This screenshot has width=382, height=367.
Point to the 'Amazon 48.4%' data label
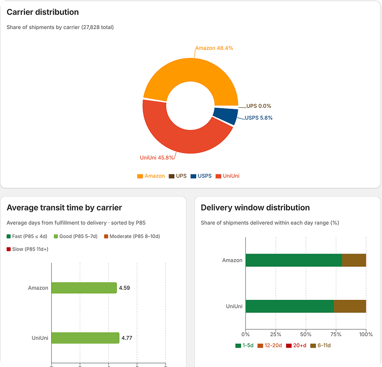coord(214,48)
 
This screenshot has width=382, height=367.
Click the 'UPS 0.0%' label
coord(259,106)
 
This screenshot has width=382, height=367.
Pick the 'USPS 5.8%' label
coord(259,118)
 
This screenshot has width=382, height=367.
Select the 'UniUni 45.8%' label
coord(156,158)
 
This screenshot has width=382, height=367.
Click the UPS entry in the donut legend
coord(178,176)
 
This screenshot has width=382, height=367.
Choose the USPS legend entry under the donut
coord(201,176)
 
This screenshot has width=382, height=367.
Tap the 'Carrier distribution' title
coord(43,12)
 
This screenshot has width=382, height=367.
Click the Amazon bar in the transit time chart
coord(84,288)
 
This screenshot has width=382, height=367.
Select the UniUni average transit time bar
coord(85,338)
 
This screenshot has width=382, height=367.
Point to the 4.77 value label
coord(126,338)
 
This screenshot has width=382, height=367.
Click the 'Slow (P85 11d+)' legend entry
coord(27,249)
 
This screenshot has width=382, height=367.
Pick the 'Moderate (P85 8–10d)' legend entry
coord(132,236)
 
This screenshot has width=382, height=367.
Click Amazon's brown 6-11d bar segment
coord(354,260)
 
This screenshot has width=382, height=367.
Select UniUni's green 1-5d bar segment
coord(290,306)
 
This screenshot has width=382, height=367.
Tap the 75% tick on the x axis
coord(336,334)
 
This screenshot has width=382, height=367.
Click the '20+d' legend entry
coord(296,346)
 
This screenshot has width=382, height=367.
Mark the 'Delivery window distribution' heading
coord(255,207)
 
